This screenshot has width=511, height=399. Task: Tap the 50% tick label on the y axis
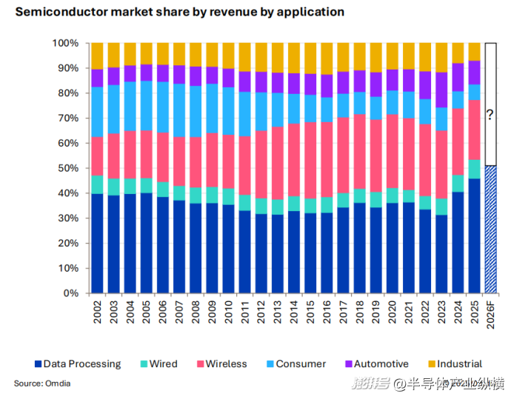(x=66, y=168)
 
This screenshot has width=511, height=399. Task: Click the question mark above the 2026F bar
(x=490, y=115)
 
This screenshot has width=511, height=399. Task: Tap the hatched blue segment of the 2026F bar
(x=490, y=229)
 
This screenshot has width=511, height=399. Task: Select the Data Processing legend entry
(x=77, y=364)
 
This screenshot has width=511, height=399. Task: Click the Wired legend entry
(x=158, y=364)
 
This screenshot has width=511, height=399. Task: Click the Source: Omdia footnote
(x=38, y=383)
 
